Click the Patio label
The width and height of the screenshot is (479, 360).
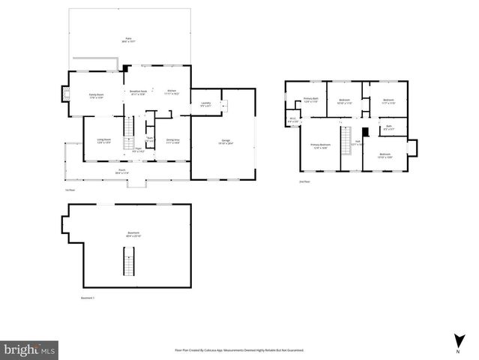128,38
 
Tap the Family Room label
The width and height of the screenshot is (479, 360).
96,95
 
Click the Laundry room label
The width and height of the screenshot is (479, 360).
205,105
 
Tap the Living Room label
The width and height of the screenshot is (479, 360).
103,140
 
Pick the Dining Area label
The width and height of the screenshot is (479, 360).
172,140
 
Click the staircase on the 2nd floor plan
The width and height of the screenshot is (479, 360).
346,141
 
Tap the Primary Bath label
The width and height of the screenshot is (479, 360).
311,100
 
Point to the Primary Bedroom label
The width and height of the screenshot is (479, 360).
321,146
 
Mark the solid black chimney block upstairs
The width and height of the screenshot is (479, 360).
365,130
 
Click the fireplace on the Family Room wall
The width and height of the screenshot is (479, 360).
64,95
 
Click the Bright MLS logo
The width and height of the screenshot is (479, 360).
29,349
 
